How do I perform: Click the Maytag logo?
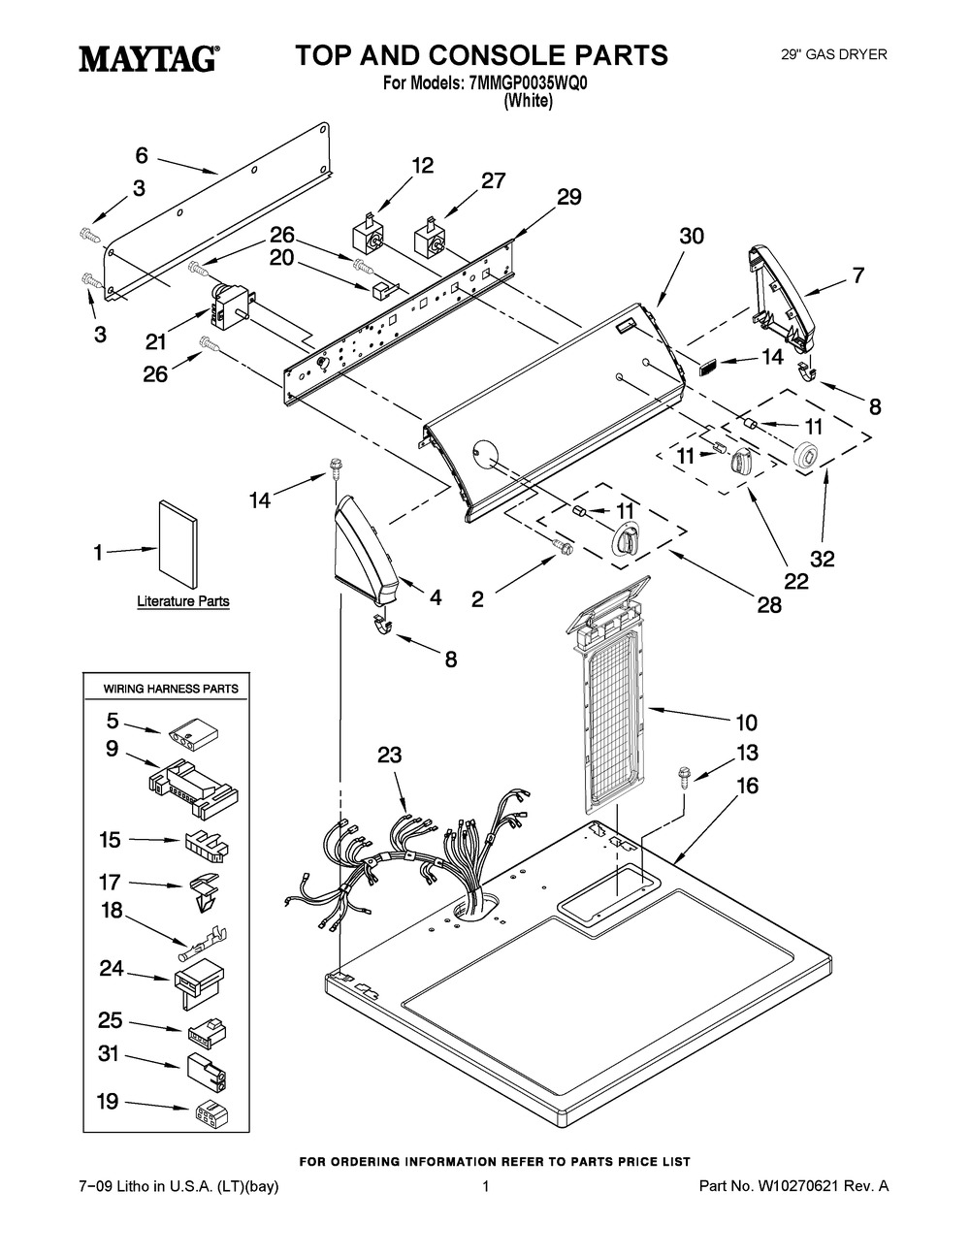click(x=148, y=58)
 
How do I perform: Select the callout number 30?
click(x=691, y=236)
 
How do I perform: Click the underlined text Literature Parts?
click(x=183, y=601)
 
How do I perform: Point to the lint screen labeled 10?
click(x=610, y=694)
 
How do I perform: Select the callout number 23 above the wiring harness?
click(x=390, y=755)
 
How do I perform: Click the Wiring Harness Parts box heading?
click(x=171, y=689)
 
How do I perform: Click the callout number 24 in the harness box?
click(x=112, y=969)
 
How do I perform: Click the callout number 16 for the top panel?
click(x=748, y=786)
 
